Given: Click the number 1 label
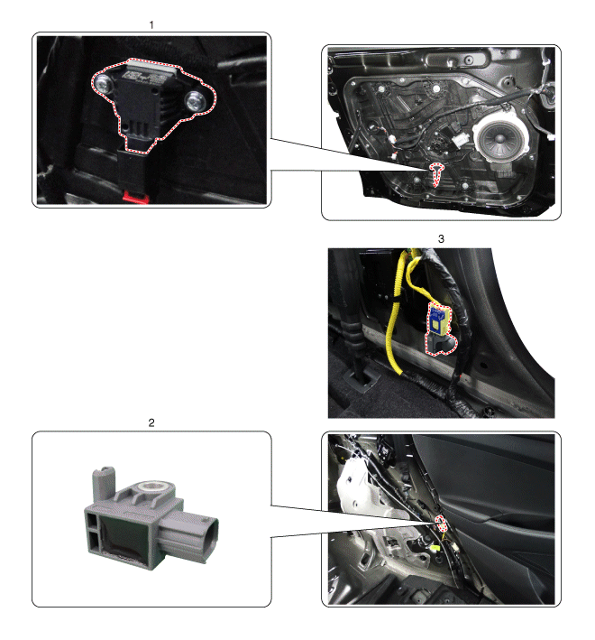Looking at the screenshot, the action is pos(151,25).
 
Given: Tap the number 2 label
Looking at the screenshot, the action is pos(151,422).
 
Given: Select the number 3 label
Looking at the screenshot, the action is pos(441,239).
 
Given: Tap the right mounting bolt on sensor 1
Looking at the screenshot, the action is pos(196,101).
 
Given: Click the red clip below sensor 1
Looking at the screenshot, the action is pos(136,197).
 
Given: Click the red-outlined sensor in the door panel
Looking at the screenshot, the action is pos(436,173).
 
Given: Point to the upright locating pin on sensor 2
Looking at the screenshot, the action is pos(104,485).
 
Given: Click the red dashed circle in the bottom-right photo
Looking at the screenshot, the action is pos(441,524).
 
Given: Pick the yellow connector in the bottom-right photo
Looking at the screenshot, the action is pos(436,548).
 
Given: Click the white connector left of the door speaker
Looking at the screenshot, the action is pos(461,141).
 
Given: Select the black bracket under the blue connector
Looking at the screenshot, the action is pos(441,344).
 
